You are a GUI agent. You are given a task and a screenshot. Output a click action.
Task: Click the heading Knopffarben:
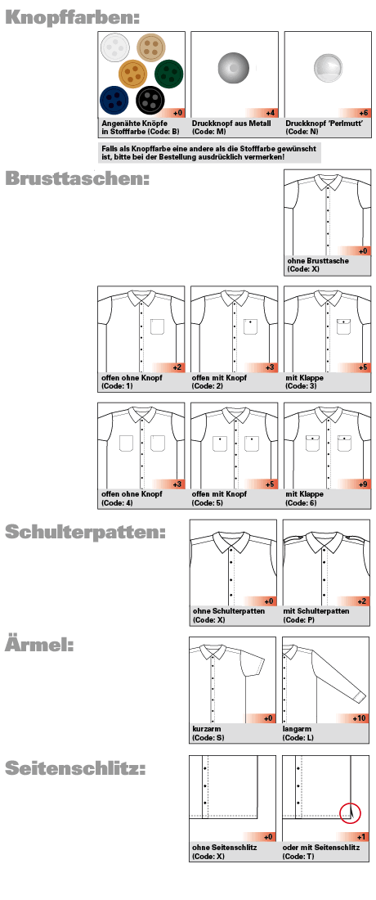pyautogui.click(x=71, y=16)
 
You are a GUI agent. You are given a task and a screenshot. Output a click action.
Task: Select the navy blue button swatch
pyautogui.click(x=114, y=100)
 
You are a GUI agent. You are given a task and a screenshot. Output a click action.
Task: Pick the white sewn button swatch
pyautogui.click(x=115, y=50)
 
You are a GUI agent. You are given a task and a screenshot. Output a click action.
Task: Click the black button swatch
pyautogui.click(x=150, y=101)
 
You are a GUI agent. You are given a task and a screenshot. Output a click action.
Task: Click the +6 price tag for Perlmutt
pyautogui.click(x=363, y=113)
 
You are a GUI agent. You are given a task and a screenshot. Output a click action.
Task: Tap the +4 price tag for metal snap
pyautogui.click(x=270, y=113)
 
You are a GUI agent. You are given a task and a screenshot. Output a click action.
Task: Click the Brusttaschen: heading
pyautogui.click(x=77, y=179)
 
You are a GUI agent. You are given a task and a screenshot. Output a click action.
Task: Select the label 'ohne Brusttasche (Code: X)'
pyautogui.click(x=318, y=264)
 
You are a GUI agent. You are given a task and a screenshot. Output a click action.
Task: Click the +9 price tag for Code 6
pyautogui.click(x=363, y=484)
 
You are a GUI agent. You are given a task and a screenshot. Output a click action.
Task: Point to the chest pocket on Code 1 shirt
pyautogui.click(x=158, y=326)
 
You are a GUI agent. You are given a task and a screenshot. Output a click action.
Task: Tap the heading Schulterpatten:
pyautogui.click(x=85, y=532)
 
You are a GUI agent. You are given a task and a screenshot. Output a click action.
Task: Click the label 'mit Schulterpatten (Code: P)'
pyautogui.click(x=317, y=615)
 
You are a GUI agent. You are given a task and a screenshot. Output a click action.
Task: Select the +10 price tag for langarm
pyautogui.click(x=360, y=718)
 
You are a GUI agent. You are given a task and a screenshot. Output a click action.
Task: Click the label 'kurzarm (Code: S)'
pyautogui.click(x=208, y=732)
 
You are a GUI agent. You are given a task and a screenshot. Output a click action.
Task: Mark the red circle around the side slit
pyautogui.click(x=351, y=812)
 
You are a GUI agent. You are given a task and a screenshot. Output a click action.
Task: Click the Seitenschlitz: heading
pyautogui.click(x=75, y=768)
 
